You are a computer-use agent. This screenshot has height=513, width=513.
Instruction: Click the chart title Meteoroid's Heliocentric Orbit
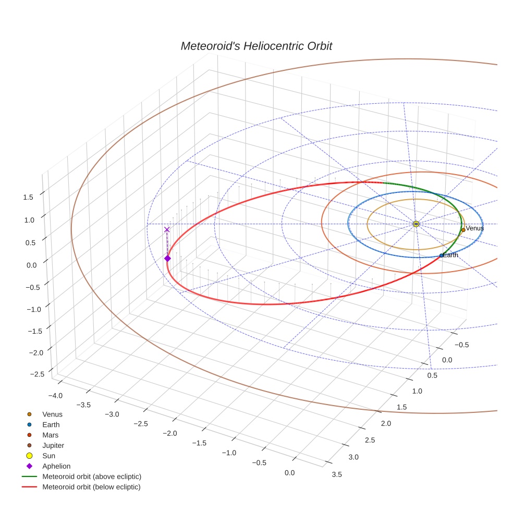point(256,46)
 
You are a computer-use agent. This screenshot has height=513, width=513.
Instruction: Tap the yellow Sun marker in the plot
point(416,224)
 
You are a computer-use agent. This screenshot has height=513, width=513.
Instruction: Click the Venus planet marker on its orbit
point(463,230)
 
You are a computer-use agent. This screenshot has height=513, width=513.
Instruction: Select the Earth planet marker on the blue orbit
point(442,255)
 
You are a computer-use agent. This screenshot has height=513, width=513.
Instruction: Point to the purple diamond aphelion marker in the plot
point(167,258)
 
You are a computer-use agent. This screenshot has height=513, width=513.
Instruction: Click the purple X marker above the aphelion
point(167,229)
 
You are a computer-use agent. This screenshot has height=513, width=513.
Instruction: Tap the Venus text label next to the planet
point(474,228)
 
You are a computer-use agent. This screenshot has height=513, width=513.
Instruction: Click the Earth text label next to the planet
point(451,255)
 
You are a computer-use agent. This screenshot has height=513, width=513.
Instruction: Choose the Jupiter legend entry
point(53,445)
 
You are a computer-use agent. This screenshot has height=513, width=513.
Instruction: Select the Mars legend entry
point(50,435)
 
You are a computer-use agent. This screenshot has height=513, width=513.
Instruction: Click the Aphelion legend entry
point(56,466)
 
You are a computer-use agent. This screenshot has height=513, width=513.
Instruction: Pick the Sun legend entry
point(48,456)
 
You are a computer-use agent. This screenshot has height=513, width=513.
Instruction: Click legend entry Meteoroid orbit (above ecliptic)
point(91,477)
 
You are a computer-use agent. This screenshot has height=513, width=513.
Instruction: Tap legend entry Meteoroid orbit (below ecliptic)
point(91,487)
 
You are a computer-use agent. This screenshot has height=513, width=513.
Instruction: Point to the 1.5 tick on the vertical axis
point(28,197)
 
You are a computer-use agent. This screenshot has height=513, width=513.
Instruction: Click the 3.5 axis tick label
point(337,474)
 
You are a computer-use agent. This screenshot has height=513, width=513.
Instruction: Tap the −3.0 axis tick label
point(112,414)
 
